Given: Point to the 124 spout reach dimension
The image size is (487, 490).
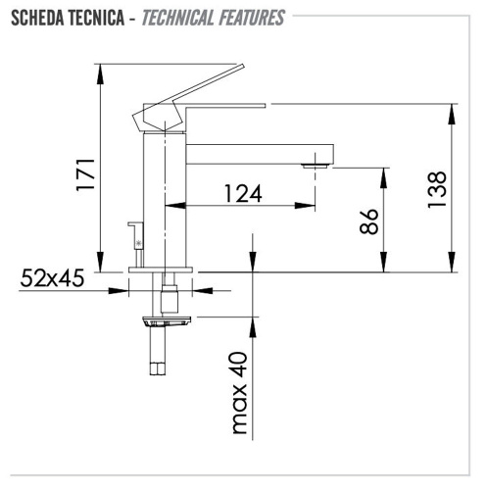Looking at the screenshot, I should click(241, 193).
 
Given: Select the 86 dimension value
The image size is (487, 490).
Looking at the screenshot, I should click(368, 222).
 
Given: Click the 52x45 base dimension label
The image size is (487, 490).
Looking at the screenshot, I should click(52, 278).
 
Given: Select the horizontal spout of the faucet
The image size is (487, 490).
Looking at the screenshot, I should click(260, 153).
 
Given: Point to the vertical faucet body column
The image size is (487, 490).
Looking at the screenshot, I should click(165, 201).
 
